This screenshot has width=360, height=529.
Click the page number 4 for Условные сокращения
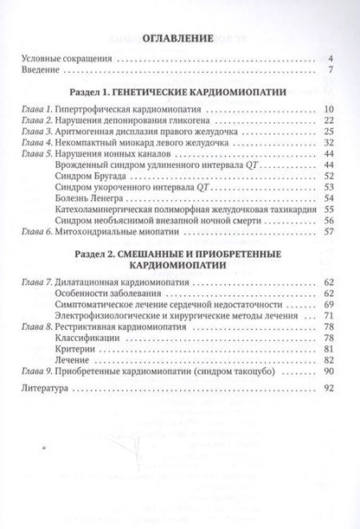tap(331, 59)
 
